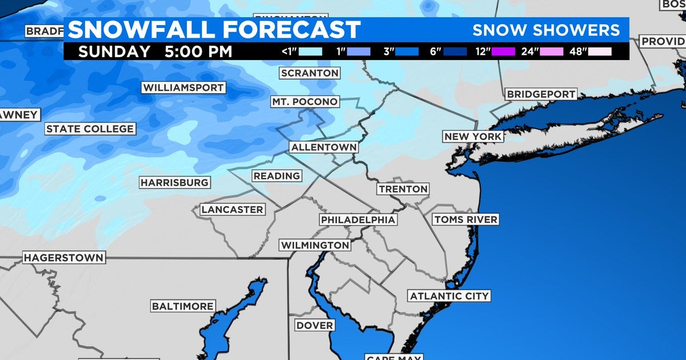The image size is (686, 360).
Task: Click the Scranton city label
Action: point(310,73)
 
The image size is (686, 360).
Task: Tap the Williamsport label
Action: point(184,88)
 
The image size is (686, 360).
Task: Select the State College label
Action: point(90,129)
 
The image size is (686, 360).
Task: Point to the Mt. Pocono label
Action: point(305,102)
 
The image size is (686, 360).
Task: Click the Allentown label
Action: point(324,147)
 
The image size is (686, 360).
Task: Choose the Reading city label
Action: point(277,176)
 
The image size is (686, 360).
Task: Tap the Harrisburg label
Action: point(174,183)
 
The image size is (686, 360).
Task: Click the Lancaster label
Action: point(232,210)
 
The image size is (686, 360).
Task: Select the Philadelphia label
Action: point(358,220)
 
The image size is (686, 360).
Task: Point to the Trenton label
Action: point(403,189)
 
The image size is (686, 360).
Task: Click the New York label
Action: point(473,137)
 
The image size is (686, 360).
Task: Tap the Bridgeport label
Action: point(541,94)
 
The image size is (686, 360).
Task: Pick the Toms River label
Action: point(465,219)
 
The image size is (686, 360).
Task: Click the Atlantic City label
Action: point(449,296)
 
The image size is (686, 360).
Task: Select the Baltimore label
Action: point(183,306)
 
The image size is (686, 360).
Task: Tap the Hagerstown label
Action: point(63,258)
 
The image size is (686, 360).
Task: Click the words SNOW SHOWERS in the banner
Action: point(546,30)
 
